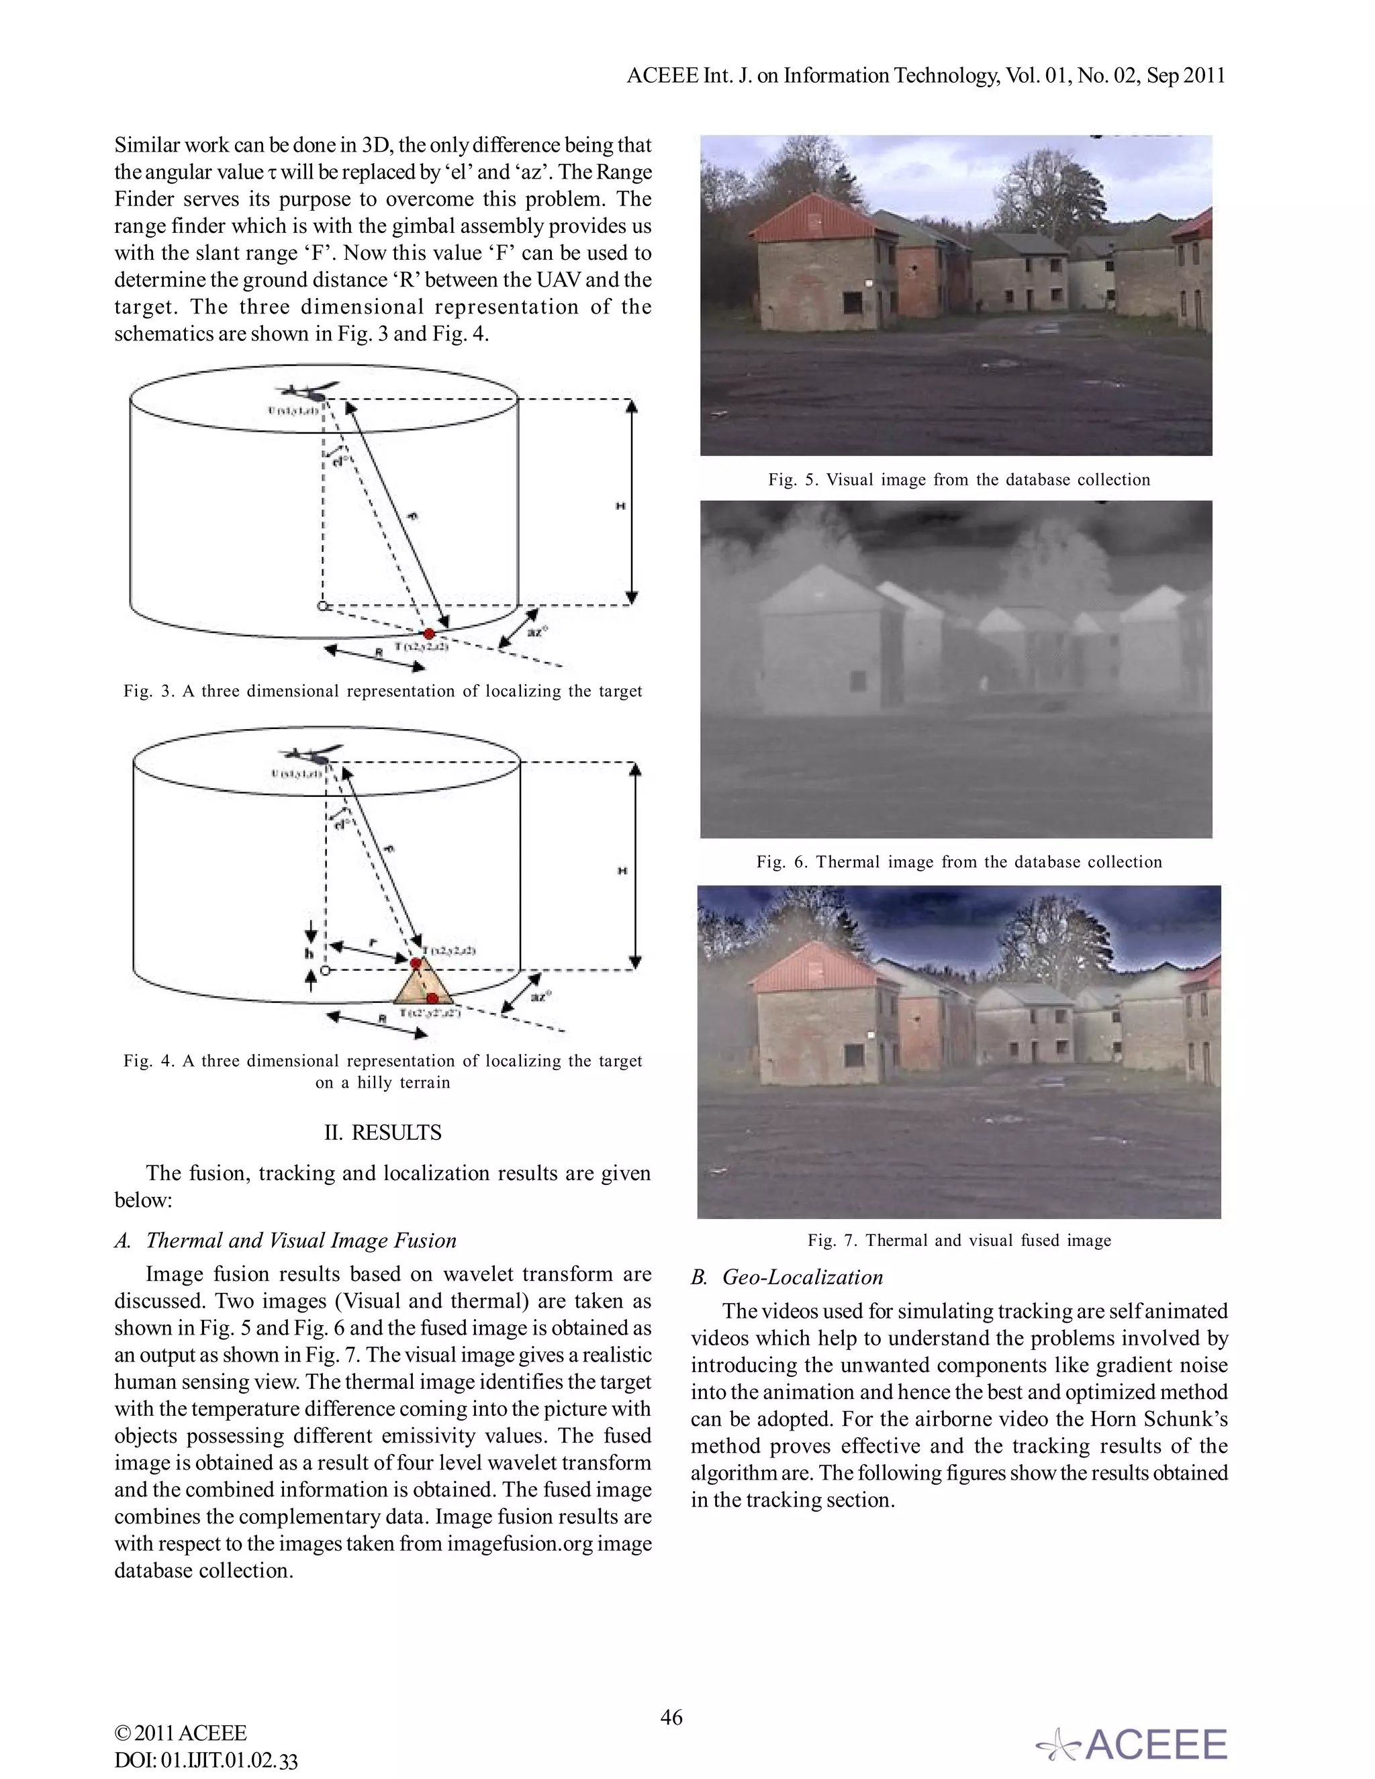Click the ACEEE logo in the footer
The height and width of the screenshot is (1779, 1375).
[1132, 1744]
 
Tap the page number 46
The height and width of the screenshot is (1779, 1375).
[671, 1717]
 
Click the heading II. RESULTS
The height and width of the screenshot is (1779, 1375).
[382, 1133]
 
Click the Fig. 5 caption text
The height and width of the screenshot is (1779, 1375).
[959, 480]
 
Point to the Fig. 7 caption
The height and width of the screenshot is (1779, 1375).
[959, 1240]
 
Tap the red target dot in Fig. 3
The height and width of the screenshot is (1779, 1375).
[429, 633]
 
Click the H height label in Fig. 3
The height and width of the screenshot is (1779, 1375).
[621, 506]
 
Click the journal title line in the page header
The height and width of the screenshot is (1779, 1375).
[925, 76]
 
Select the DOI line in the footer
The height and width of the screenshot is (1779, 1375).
[205, 1760]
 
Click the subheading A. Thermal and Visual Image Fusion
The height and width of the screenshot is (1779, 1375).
[285, 1240]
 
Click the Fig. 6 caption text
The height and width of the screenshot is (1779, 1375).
[959, 862]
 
